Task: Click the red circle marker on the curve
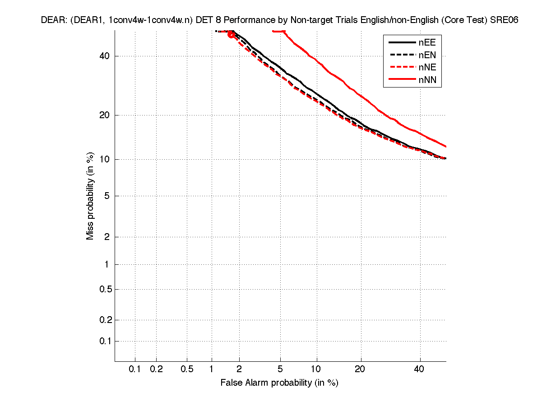click(x=232, y=34)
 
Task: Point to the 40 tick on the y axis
click(x=105, y=56)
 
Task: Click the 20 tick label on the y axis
click(x=105, y=115)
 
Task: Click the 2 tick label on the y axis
click(x=107, y=237)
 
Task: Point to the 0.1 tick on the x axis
click(x=135, y=369)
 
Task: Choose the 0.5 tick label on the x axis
click(x=187, y=369)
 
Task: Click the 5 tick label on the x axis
click(x=280, y=369)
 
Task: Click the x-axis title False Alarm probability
click(x=279, y=383)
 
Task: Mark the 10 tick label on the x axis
click(x=317, y=369)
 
